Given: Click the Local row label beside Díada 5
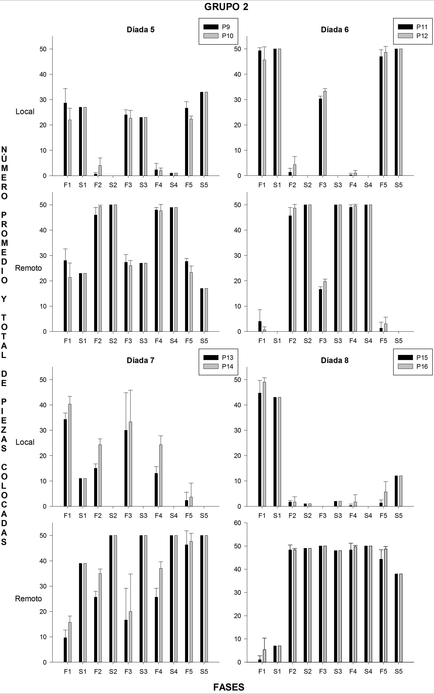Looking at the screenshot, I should point(25,112).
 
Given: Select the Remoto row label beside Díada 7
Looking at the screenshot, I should point(28,599).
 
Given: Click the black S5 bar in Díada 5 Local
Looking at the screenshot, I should point(201,134).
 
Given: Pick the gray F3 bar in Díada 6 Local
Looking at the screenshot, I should point(325,133).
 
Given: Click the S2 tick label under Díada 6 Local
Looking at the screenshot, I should point(307,185).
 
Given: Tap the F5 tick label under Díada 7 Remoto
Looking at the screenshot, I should point(189,672).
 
